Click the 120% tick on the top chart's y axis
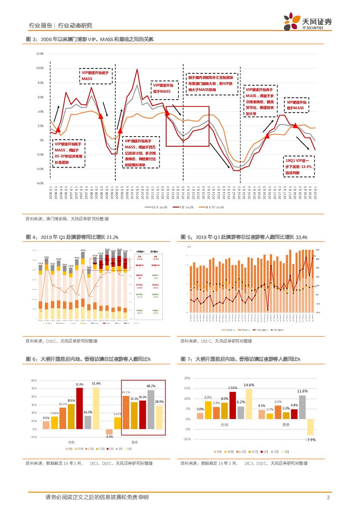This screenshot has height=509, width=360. point(40,54)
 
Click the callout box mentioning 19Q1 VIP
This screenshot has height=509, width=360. point(299,166)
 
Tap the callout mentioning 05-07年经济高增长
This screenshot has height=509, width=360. point(68,154)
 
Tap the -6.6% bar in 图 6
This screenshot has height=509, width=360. point(109,432)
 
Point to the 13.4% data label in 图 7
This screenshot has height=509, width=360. point(232,388)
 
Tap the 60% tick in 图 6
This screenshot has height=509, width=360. point(34,381)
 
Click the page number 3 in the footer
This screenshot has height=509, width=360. point(327,497)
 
